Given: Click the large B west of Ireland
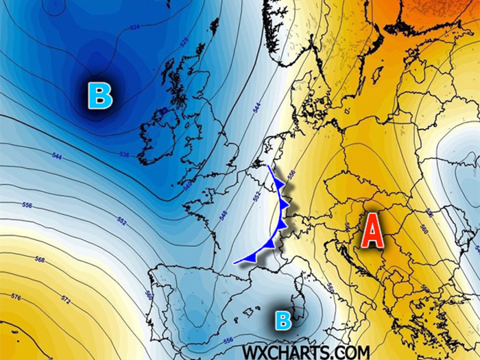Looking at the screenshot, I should pyautogui.click(x=100, y=95).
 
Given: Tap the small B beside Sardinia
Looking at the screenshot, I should pyautogui.click(x=283, y=319).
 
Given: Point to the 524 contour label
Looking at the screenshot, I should pyautogui.click(x=134, y=27).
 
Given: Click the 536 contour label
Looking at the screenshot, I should pyautogui.click(x=124, y=155).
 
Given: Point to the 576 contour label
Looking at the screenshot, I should pyautogui.click(x=16, y=296).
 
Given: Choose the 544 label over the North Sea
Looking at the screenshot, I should pyautogui.click(x=256, y=108).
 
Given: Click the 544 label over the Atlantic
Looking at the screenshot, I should pyautogui.click(x=57, y=157).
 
